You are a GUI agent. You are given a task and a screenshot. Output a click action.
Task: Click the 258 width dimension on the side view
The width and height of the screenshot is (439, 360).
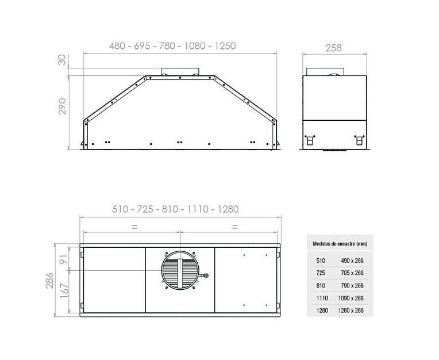[333, 48]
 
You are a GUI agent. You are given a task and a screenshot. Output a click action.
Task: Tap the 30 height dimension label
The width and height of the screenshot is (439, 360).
[62, 60]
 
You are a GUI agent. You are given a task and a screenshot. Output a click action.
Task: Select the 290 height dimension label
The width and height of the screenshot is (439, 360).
[62, 106]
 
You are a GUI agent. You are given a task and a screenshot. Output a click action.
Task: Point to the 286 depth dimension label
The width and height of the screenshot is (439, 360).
[49, 280]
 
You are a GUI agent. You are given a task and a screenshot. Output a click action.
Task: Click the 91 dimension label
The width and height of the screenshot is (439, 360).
[64, 259]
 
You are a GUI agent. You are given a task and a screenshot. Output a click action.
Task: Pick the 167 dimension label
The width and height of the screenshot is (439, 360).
[64, 290]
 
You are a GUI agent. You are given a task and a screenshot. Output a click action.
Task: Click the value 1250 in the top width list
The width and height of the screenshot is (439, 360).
[225, 45]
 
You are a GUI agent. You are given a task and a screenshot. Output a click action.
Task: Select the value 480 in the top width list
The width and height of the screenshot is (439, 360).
[117, 45]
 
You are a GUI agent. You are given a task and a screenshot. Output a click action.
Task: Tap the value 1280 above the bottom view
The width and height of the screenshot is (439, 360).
[228, 209]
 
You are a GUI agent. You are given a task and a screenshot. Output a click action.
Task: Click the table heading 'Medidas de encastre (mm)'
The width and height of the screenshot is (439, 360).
[340, 244]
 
